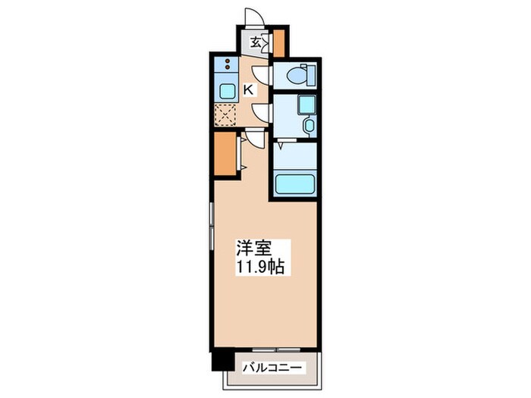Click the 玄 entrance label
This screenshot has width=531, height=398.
tap(256, 42)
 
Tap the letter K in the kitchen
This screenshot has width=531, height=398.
tap(248, 90)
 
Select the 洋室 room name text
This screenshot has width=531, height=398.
tap(253, 248)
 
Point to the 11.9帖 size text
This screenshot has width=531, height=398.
tap(259, 268)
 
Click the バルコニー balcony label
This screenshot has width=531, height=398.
tap(272, 368)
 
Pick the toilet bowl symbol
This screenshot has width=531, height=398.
tap(300, 74)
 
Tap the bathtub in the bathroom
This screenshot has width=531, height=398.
tap(294, 184)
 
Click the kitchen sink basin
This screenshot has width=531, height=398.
tap(226, 92)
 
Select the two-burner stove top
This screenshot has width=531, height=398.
tap(227, 64)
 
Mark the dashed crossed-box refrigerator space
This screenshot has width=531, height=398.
tap(225, 115)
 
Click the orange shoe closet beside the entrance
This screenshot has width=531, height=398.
tap(279, 43)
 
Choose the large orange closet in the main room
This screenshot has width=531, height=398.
tap(225, 154)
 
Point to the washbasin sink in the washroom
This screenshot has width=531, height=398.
tap(306, 105)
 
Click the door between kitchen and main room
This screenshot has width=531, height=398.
tap(254, 137)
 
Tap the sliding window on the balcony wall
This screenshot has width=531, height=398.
tap(276, 349)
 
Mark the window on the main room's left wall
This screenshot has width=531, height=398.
tap(212, 226)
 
